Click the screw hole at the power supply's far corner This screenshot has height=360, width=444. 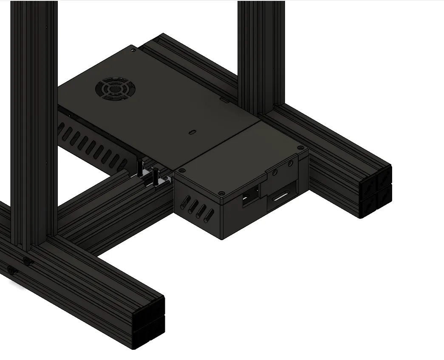pyautogui.click(x=134, y=50)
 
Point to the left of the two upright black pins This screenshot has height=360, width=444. pyautogui.click(x=139, y=168)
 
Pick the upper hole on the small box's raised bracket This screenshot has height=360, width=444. pyautogui.click(x=291, y=163)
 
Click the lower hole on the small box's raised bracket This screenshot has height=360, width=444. pyautogui.click(x=275, y=173)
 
